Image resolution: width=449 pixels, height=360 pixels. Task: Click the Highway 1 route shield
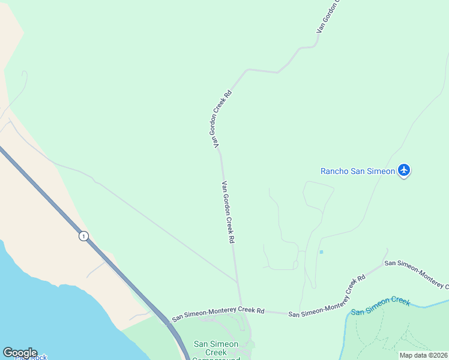[83, 236]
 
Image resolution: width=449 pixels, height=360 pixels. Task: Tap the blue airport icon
[404, 171]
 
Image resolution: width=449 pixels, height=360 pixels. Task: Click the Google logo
[20, 353]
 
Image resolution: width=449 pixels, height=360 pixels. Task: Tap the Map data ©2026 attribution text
[423, 355]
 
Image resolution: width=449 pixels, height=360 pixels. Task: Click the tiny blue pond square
[321, 252]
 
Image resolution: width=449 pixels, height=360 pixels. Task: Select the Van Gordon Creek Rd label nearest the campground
[228, 212]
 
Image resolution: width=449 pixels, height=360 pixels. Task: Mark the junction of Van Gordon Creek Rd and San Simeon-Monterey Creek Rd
[241, 309]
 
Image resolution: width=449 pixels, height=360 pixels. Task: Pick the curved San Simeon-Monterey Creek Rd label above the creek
[328, 297]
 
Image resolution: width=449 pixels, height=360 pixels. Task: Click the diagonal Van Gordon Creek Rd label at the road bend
[220, 119]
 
